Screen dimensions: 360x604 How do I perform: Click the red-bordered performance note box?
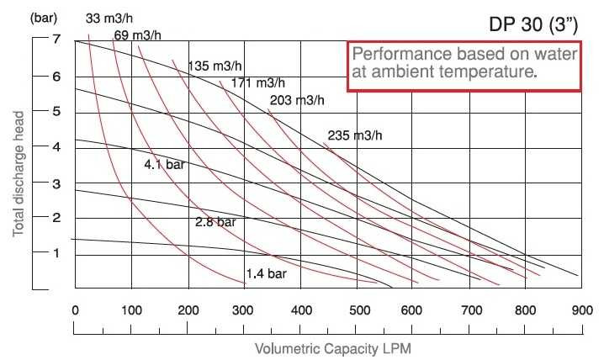pos(464,65)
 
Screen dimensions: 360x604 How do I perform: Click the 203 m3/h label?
pos(296,101)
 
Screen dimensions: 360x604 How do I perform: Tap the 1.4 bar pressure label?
pos(267,273)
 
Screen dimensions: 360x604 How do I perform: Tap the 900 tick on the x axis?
pos(580,309)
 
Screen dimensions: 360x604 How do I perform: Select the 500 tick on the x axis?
pos(356,309)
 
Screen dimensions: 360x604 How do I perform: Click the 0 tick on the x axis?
pos(76,309)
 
